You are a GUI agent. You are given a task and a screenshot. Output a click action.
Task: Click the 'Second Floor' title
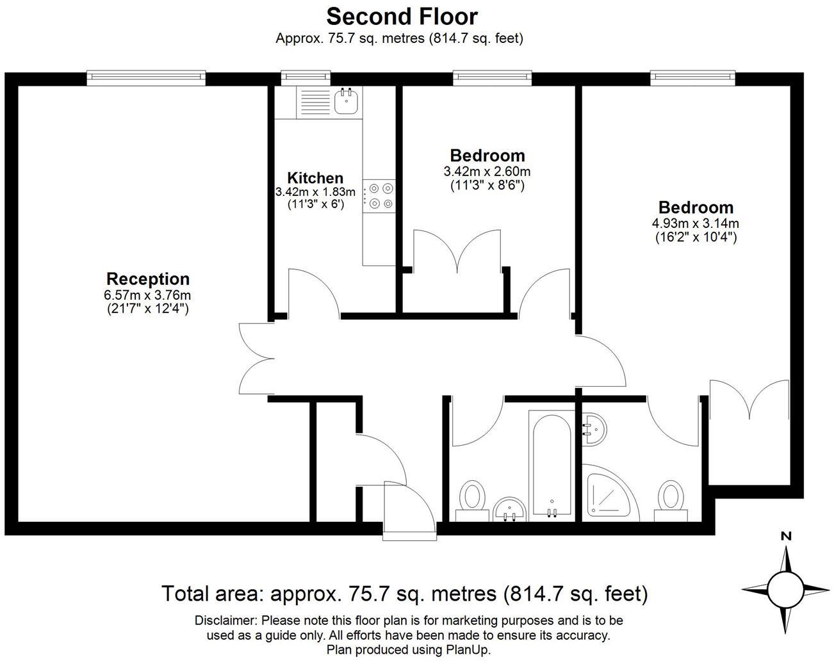pyautogui.click(x=402, y=16)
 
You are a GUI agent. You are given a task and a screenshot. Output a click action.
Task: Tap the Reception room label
pyautogui.click(x=148, y=279)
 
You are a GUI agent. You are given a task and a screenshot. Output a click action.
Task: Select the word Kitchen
pyautogui.click(x=315, y=178)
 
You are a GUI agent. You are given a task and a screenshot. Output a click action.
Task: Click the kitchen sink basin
pyautogui.click(x=346, y=101)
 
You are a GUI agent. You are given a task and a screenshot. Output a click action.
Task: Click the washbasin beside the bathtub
pyautogui.click(x=510, y=508)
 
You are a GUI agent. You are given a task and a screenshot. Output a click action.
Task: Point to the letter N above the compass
pyautogui.click(x=786, y=537)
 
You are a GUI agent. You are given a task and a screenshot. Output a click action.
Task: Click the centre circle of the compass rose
pyautogui.click(x=785, y=589)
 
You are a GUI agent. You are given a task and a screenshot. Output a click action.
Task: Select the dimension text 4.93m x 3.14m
pyautogui.click(x=696, y=223)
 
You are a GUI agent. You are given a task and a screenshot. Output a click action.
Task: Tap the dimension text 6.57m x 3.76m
pyautogui.click(x=148, y=295)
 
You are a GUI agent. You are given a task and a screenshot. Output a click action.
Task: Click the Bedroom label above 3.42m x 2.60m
pyautogui.click(x=487, y=156)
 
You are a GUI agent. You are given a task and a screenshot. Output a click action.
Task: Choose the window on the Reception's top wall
pyautogui.click(x=147, y=77)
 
